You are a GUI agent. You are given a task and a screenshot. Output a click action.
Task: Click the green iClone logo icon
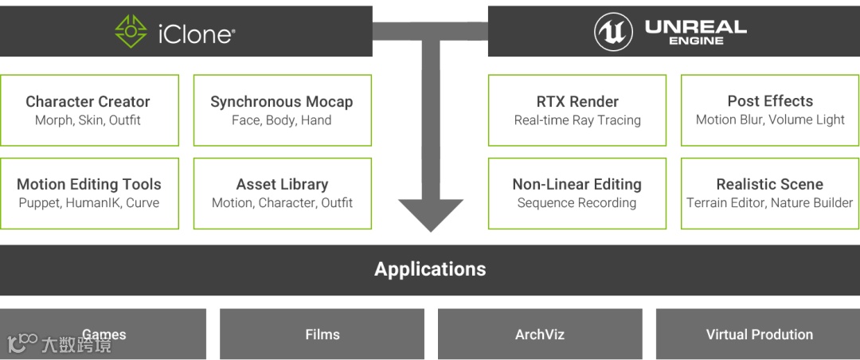pyautogui.click(x=131, y=32)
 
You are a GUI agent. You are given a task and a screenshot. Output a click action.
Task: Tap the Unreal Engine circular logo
pyautogui.click(x=613, y=32)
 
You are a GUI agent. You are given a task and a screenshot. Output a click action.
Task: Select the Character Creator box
pyautogui.click(x=89, y=111)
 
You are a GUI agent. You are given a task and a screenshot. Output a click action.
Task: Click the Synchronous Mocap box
pyautogui.click(x=283, y=111)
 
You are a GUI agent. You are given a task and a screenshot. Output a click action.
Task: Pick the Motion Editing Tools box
pyautogui.click(x=89, y=194)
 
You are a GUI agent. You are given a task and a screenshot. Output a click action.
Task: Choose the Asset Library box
pyautogui.click(x=283, y=194)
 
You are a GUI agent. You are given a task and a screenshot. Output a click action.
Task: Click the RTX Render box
pyautogui.click(x=577, y=111)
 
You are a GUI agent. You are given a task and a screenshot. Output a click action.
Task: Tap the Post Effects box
pyautogui.click(x=770, y=111)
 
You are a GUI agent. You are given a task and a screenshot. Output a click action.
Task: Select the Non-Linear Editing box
pyautogui.click(x=577, y=194)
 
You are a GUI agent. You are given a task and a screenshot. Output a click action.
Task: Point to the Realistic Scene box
pyautogui.click(x=770, y=194)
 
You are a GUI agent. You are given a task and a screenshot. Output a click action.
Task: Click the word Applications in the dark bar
pyautogui.click(x=430, y=269)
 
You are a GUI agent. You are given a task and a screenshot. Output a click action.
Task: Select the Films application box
pyautogui.click(x=322, y=335)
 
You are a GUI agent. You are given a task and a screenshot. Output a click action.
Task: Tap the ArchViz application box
pyautogui.click(x=540, y=335)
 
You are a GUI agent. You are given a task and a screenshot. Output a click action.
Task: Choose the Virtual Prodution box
pyautogui.click(x=759, y=335)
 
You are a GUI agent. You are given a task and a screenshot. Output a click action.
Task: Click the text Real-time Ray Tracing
pyautogui.click(x=577, y=120)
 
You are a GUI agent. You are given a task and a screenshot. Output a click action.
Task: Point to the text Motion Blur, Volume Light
pyautogui.click(x=770, y=120)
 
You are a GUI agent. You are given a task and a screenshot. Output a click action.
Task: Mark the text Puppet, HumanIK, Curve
pyautogui.click(x=89, y=203)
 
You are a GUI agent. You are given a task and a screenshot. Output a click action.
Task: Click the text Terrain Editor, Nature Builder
pyautogui.click(x=770, y=203)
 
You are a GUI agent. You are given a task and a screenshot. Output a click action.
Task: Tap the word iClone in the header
pyautogui.click(x=196, y=33)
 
